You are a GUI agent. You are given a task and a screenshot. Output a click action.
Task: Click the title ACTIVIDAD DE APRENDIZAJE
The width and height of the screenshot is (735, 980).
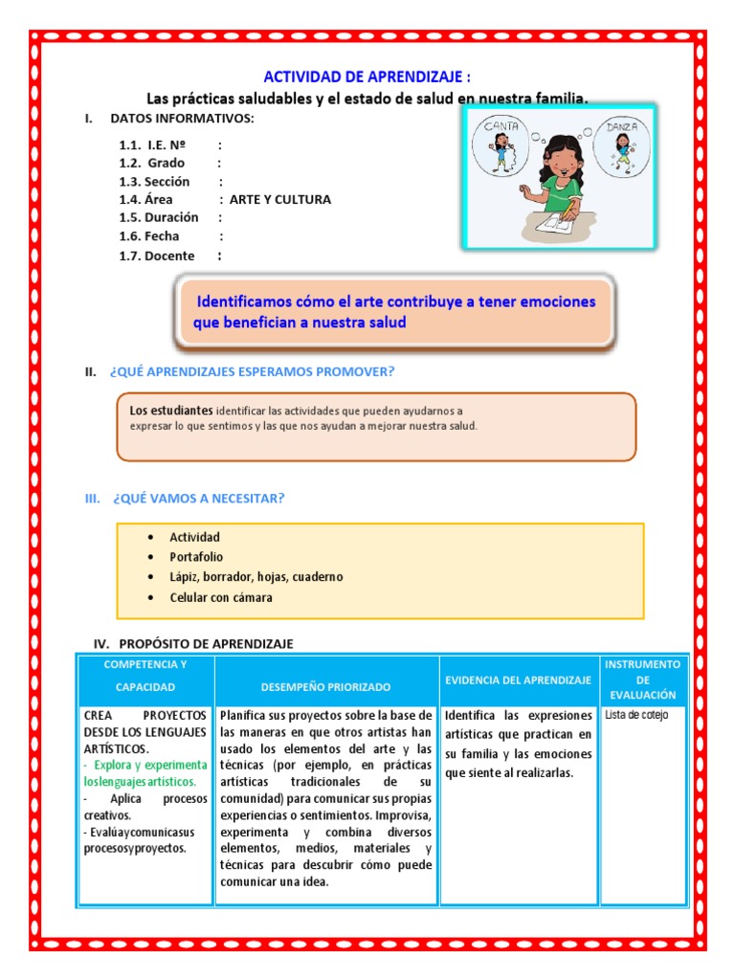pos(367,77)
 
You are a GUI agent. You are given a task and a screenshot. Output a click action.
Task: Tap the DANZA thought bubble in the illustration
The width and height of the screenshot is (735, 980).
pos(622,145)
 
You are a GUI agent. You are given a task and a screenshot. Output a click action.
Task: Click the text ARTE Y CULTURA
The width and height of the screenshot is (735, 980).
pos(280,200)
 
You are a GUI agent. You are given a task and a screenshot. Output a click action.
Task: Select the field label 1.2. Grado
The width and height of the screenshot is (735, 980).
pos(152,164)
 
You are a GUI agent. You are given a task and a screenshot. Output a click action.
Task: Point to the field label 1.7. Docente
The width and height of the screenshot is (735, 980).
pos(157,256)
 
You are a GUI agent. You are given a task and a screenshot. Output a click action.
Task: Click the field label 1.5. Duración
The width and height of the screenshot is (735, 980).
pos(159,218)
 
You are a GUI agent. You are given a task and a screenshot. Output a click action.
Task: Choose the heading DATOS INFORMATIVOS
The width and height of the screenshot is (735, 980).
pos(182,119)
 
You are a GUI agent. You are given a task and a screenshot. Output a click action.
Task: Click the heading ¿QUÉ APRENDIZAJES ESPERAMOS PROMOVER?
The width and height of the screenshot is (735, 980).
pos(253,371)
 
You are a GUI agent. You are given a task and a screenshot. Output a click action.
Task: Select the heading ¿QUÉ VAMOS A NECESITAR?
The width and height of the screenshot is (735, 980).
pos(198,499)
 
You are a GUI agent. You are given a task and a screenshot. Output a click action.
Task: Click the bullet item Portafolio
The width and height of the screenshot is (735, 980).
pos(196,557)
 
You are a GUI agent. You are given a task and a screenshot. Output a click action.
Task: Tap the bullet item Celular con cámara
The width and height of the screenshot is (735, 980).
pos(221,598)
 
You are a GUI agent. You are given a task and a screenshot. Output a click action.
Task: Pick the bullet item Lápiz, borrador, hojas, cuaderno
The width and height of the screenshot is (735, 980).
pos(256,577)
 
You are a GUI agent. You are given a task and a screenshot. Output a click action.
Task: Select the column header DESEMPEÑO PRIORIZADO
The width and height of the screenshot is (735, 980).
pos(325,687)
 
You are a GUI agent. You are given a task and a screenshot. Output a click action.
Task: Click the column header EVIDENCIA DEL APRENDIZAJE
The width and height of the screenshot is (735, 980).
pos(518,679)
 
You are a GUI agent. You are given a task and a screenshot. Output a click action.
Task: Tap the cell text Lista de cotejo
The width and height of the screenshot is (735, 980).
pos(637,715)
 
